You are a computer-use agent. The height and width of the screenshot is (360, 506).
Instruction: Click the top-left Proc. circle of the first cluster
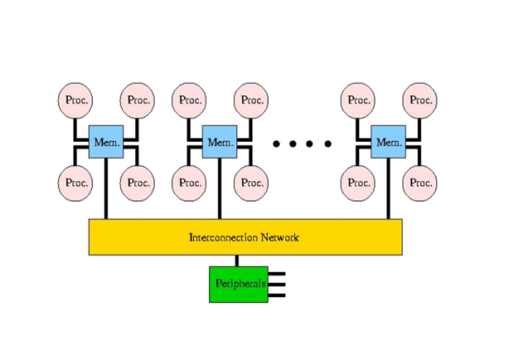(75, 100)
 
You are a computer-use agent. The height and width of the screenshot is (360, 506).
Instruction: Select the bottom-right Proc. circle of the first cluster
(137, 182)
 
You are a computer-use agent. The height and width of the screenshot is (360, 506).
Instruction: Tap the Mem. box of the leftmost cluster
(106, 142)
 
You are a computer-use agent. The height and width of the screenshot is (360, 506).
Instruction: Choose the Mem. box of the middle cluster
(219, 142)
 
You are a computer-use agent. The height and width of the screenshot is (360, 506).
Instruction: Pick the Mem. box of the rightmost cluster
(388, 142)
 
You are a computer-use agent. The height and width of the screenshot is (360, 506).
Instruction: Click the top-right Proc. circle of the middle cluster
(251, 100)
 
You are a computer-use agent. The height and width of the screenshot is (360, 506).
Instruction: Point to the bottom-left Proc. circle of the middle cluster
(189, 182)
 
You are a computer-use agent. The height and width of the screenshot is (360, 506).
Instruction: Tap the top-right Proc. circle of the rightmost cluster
(420, 100)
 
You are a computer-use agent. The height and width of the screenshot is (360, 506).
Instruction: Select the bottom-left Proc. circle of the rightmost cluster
(359, 182)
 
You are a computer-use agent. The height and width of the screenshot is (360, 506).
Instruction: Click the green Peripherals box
(237, 284)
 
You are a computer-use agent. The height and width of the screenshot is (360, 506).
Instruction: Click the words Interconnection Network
(244, 237)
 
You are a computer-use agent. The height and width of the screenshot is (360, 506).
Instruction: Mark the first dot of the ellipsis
(276, 143)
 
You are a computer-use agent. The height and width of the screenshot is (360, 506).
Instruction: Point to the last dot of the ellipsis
(328, 143)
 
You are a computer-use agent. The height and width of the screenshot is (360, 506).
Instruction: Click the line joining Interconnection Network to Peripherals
(236, 261)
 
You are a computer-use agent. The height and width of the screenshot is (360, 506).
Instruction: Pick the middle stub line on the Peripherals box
(277, 284)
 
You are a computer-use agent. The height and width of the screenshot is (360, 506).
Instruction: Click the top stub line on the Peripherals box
(277, 275)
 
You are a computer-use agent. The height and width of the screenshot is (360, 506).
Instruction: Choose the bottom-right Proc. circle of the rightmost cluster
(420, 182)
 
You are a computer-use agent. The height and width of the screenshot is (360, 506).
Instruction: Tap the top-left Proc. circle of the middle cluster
(189, 100)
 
